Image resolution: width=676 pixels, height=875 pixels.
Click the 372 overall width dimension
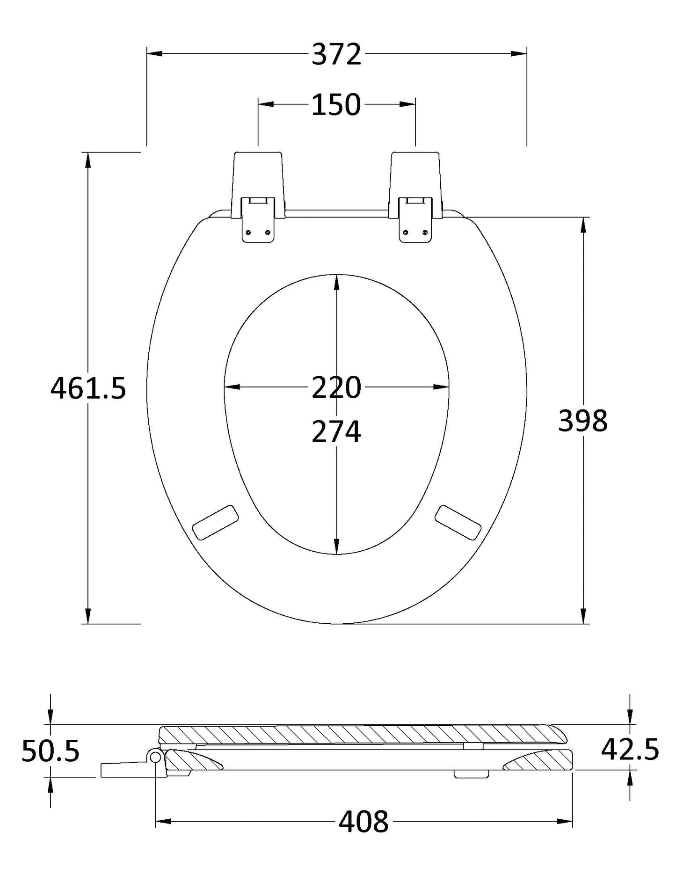(x=337, y=54)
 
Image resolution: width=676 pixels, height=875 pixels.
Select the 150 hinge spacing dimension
(x=336, y=105)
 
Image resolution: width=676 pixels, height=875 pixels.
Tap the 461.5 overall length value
(x=88, y=388)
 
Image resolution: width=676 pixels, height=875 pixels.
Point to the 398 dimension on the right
(x=583, y=420)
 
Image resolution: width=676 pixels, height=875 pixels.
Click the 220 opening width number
(x=336, y=387)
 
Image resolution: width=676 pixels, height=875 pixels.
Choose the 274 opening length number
(x=336, y=431)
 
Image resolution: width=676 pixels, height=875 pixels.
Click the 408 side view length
(x=363, y=821)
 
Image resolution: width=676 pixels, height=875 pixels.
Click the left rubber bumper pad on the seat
(x=216, y=522)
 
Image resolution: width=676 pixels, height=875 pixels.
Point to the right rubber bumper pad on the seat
(x=458, y=522)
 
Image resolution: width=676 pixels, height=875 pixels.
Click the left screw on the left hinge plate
(x=249, y=233)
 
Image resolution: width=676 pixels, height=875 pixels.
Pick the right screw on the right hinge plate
(x=424, y=233)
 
